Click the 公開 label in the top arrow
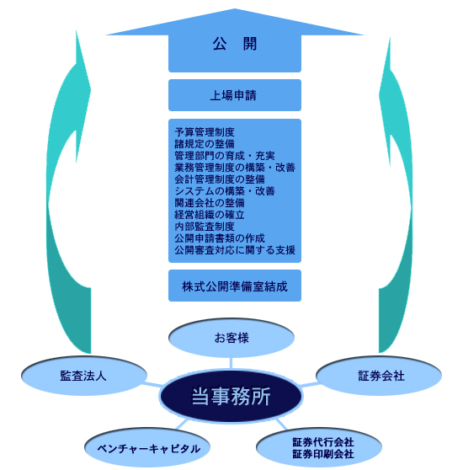[235, 44]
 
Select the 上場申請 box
[235, 95]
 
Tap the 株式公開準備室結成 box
[235, 286]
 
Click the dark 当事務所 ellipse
[231, 396]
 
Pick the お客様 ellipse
[231, 338]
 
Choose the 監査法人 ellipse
[84, 376]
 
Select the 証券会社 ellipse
[379, 376]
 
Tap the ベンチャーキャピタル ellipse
[147, 447]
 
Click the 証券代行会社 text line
[323, 442]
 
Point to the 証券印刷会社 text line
[323, 454]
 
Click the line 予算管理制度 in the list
[205, 132]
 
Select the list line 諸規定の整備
[205, 144]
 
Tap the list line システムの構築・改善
[225, 191]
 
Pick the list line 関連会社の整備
[210, 203]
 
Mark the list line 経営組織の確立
[210, 215]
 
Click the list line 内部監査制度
[205, 227]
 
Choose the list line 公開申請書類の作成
[220, 238]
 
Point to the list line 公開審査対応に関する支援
[235, 250]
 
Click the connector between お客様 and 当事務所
[231, 363]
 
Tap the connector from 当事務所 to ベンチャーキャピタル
[181, 425]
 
